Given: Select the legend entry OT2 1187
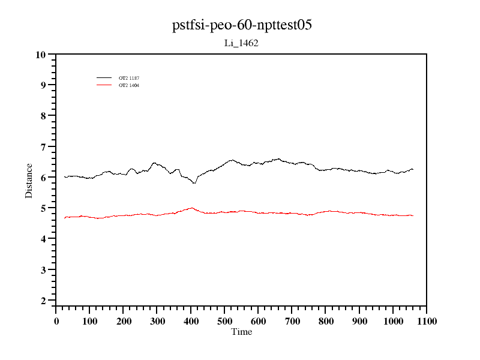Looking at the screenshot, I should (129, 78).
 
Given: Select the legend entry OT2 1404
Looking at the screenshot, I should (129, 85).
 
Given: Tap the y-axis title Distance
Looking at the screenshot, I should (29, 180).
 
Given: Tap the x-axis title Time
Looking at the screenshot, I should (242, 332).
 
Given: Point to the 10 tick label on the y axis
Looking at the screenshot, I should (41, 55).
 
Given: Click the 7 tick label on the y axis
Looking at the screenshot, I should (43, 147).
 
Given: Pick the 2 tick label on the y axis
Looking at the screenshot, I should (43, 301).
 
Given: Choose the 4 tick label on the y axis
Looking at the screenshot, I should (43, 239).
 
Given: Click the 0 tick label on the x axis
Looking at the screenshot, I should (56, 321).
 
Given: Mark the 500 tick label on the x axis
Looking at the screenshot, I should (225, 321).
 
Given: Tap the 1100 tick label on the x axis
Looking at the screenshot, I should (427, 321).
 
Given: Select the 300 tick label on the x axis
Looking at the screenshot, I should (157, 321).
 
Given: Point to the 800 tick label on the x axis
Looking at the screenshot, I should (326, 321).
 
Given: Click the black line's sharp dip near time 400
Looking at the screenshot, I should (194, 183).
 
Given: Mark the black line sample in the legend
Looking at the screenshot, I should (104, 78).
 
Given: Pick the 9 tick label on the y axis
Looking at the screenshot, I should (43, 85).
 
